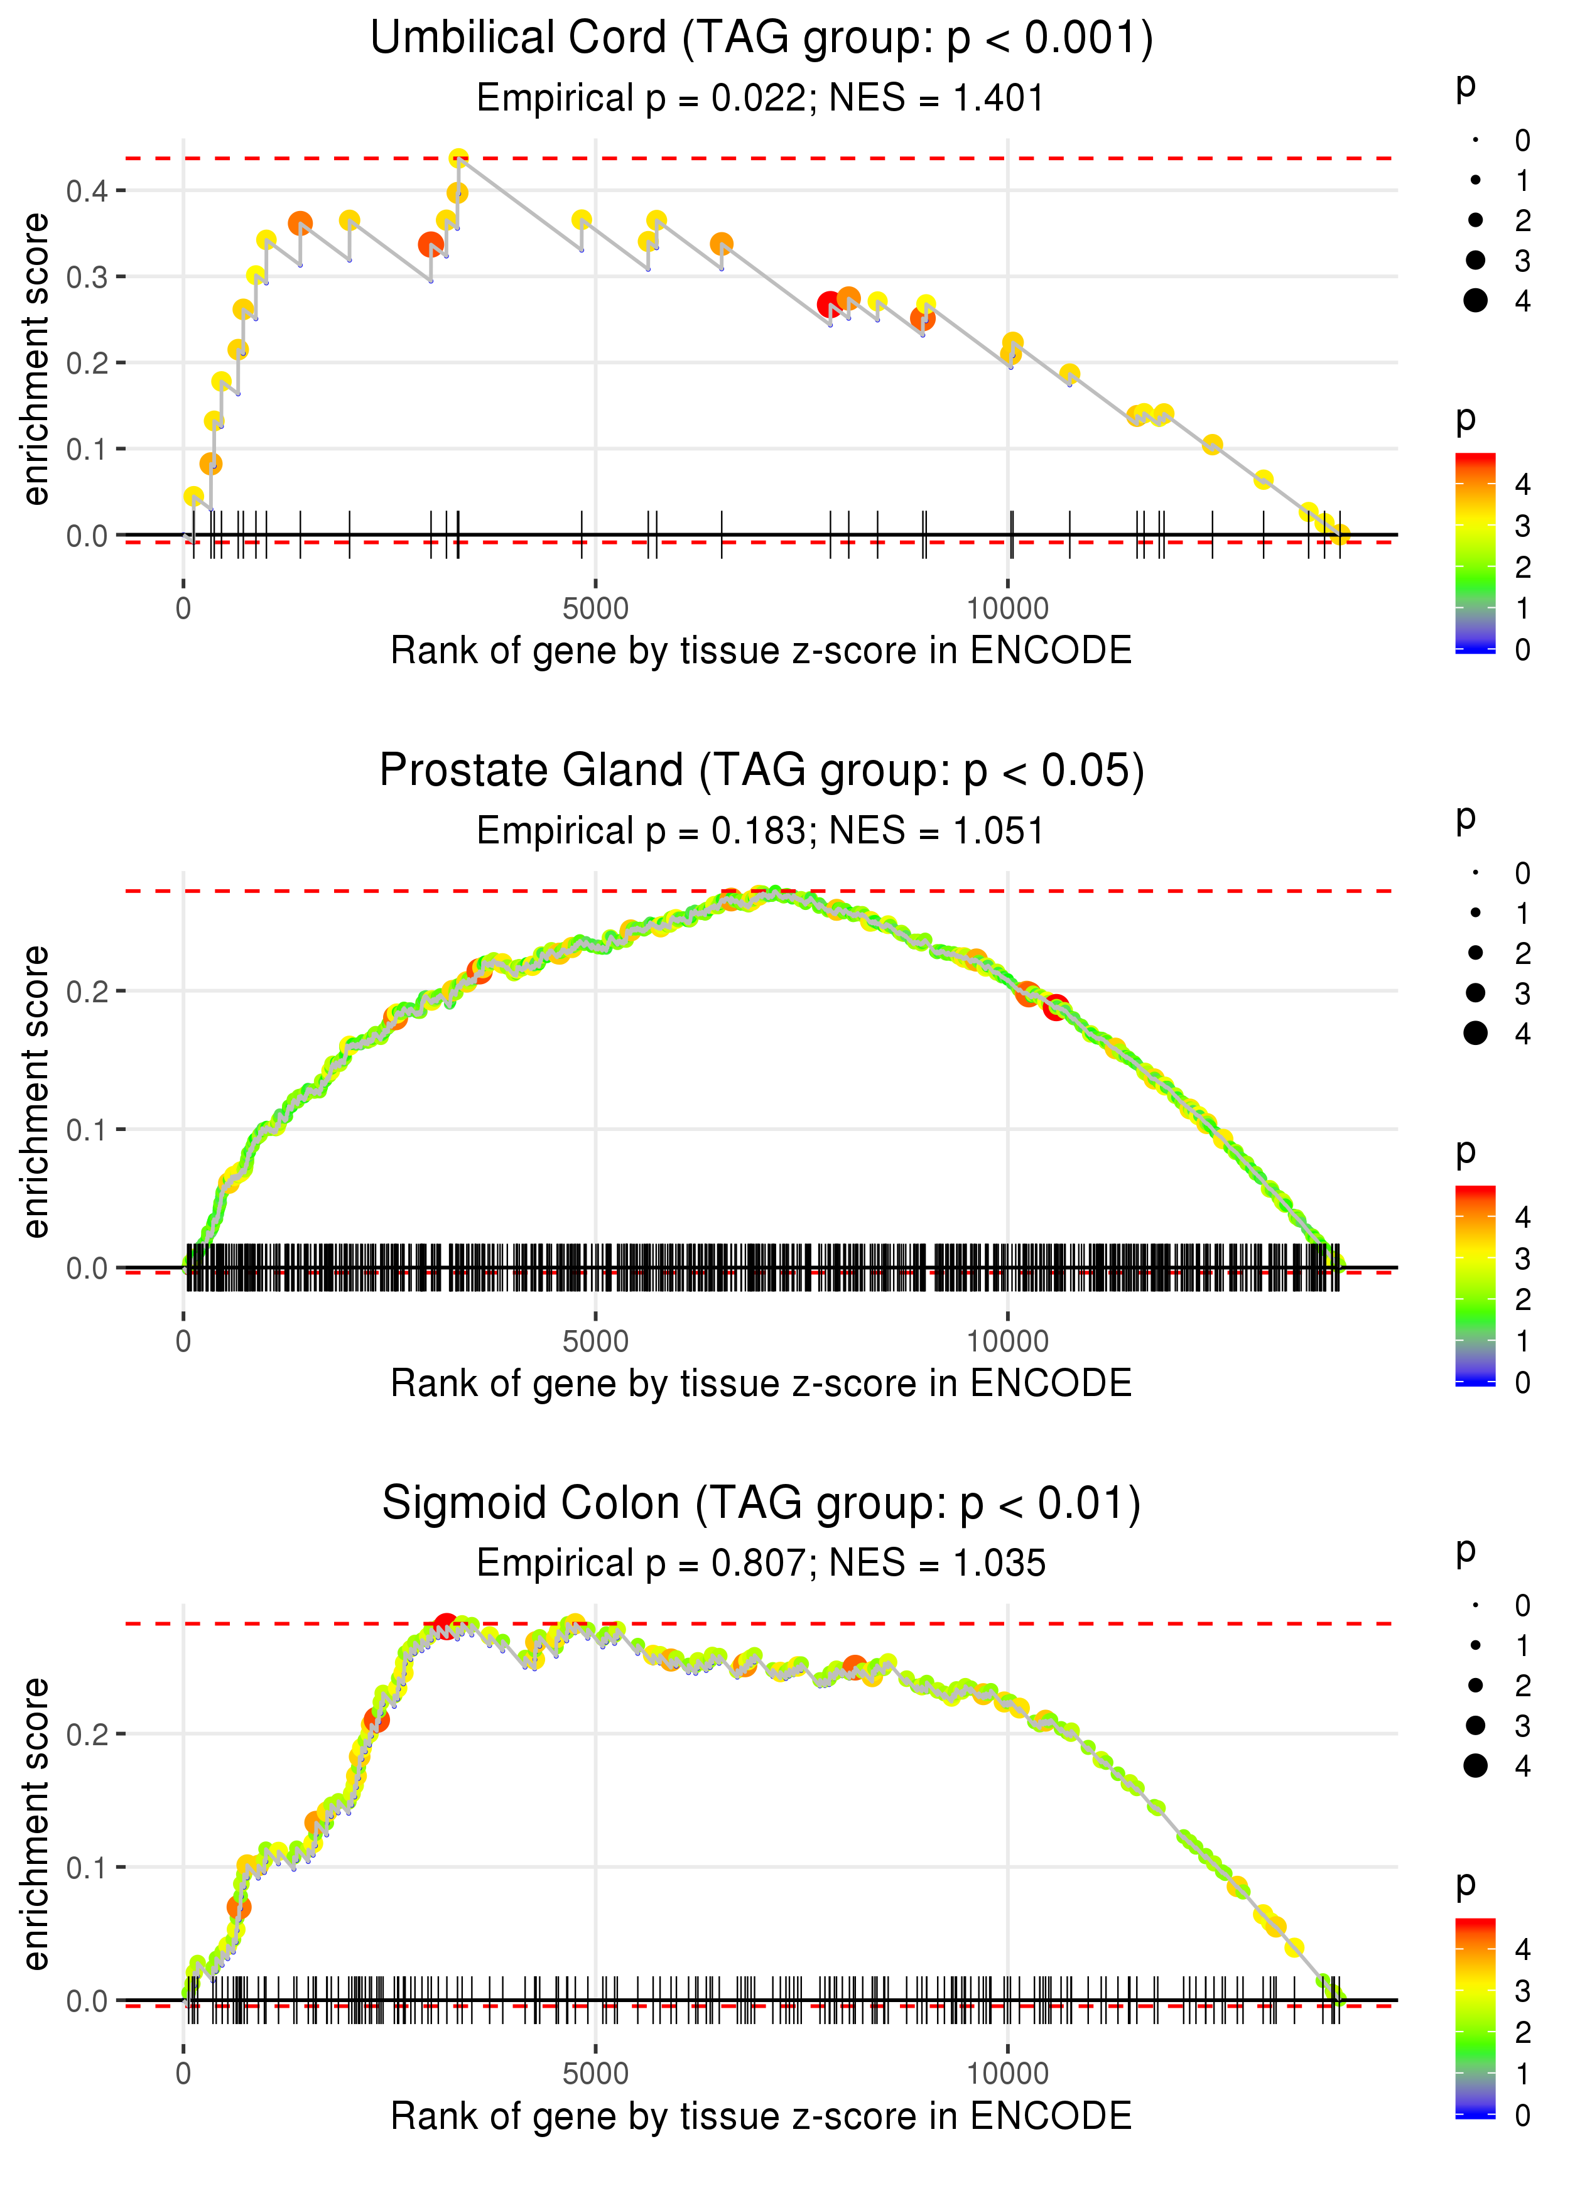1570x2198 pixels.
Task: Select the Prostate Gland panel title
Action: [x=761, y=771]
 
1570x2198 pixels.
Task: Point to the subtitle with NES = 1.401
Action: [x=761, y=99]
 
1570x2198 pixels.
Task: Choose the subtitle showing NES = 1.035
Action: [x=761, y=1564]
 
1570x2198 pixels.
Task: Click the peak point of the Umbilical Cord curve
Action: [x=459, y=158]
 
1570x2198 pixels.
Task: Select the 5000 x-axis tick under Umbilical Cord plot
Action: [x=595, y=609]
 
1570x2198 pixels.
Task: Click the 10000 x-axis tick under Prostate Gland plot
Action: [x=1007, y=1341]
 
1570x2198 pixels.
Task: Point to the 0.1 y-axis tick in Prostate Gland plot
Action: [x=87, y=1130]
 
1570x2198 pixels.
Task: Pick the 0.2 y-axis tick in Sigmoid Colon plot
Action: [x=87, y=1734]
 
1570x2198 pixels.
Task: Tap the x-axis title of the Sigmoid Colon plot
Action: [x=761, y=2117]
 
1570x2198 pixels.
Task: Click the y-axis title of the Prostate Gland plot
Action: [x=36, y=1092]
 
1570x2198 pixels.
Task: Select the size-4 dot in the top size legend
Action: [x=1475, y=301]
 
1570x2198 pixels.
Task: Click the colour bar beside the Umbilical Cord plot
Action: [x=1475, y=553]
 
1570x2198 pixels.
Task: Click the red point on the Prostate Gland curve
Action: [x=1056, y=1007]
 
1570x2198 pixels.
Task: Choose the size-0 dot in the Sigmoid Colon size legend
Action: [x=1475, y=1606]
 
